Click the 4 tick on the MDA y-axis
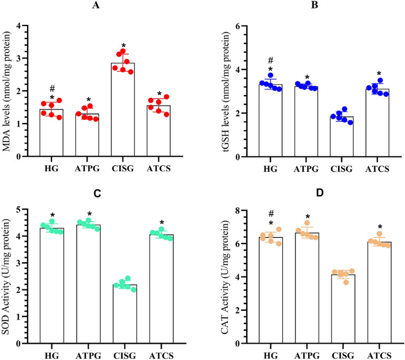(27, 26)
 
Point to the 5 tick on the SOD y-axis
(27, 210)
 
